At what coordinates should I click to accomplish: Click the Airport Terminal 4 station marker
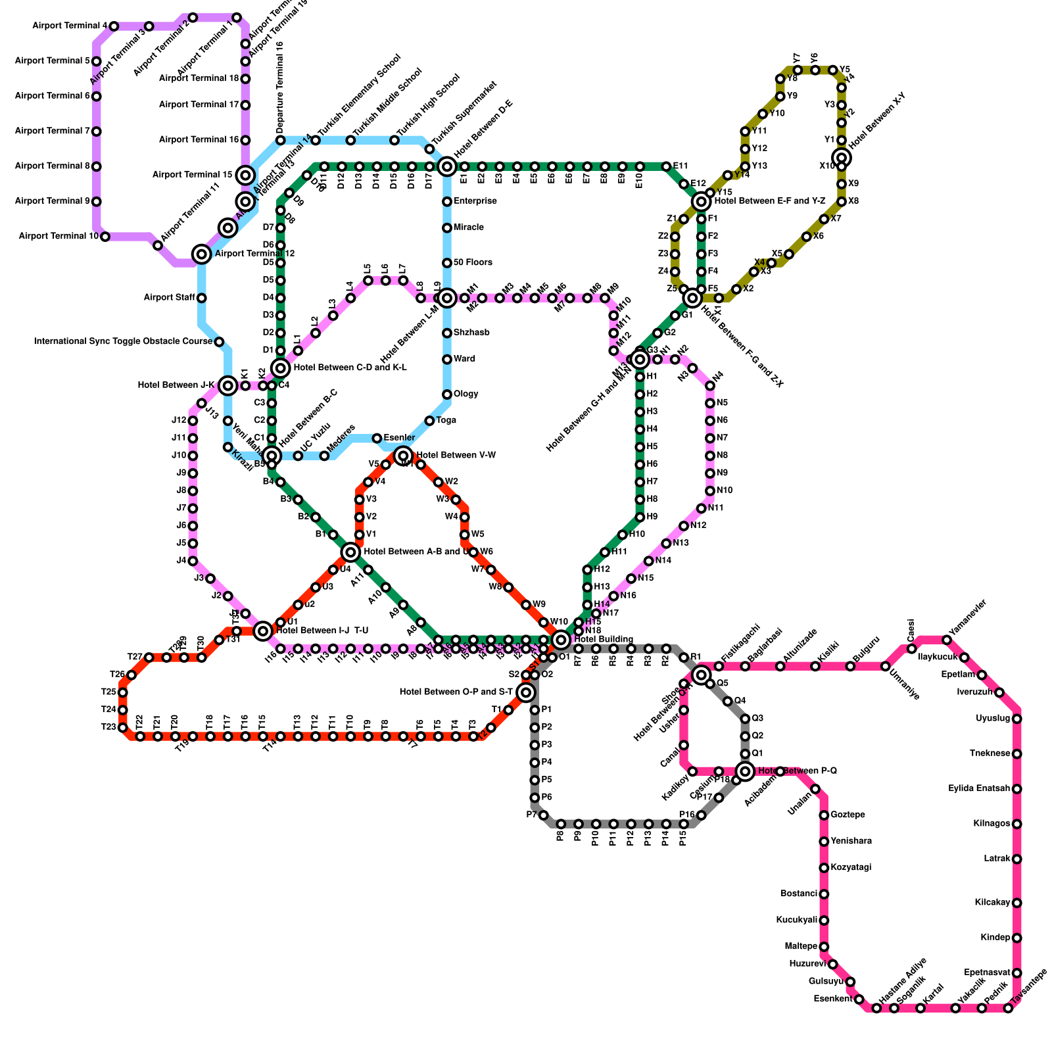coord(114,26)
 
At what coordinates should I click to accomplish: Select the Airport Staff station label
coord(169,298)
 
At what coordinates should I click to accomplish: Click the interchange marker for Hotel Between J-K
coord(227,385)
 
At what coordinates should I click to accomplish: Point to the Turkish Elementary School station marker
coord(316,141)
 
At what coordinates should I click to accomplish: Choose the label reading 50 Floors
coord(473,263)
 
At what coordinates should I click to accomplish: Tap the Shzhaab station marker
coord(447,333)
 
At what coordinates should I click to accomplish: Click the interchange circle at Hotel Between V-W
coord(403,456)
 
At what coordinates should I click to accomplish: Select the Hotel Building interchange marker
coord(561,640)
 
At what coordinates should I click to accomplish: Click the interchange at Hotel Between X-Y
coord(842,157)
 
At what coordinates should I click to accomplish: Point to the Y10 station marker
coord(763,114)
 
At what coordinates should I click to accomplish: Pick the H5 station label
coord(652,447)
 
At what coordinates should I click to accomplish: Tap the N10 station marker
coord(710,490)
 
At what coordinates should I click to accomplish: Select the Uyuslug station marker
coord(1017,719)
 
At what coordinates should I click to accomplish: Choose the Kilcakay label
coord(992,903)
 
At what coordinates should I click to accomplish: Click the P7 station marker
coord(544,815)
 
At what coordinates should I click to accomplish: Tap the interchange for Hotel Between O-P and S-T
coord(525,692)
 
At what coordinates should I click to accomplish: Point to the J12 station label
coord(179,421)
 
